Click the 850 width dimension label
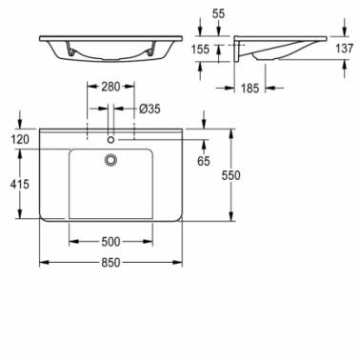(110, 263)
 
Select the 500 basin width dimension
(110, 242)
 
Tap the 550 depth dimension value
(230, 175)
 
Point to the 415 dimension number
(19, 184)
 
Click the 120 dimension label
(19, 139)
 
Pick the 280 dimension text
(110, 87)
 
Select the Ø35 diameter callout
(150, 110)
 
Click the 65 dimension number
(204, 161)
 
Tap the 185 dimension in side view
(250, 89)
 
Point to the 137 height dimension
(344, 49)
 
